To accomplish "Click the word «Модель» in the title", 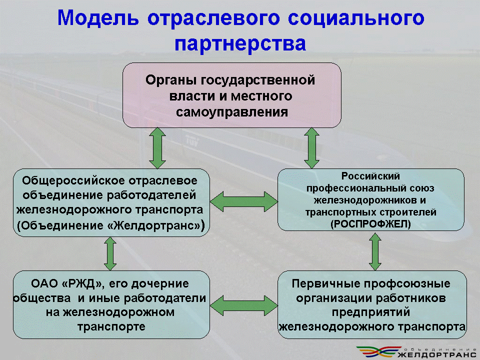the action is pyautogui.click(x=98, y=18).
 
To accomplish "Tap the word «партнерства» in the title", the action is pyautogui.click(x=240, y=43).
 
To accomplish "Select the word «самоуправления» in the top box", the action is pyautogui.click(x=232, y=112).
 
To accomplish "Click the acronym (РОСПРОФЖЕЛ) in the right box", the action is pyautogui.click(x=370, y=224).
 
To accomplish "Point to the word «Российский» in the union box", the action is pyautogui.click(x=370, y=176).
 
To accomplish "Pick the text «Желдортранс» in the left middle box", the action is pyautogui.click(x=156, y=225).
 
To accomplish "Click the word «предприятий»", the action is pyautogui.click(x=371, y=312).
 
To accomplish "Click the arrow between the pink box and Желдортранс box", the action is pyautogui.click(x=157, y=148).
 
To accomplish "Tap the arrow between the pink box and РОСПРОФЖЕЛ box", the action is pyautogui.click(x=311, y=148).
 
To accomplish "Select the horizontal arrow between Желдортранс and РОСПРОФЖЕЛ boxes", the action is pyautogui.click(x=244, y=201).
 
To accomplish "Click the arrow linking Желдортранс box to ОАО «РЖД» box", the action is pyautogui.click(x=110, y=253).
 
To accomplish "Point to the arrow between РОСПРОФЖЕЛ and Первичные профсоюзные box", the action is pyautogui.click(x=375, y=251).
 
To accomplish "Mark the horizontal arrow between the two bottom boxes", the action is pyautogui.click(x=244, y=305).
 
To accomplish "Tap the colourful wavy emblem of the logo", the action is pyautogui.click(x=379, y=351).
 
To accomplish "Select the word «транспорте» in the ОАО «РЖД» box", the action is pyautogui.click(x=111, y=327).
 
